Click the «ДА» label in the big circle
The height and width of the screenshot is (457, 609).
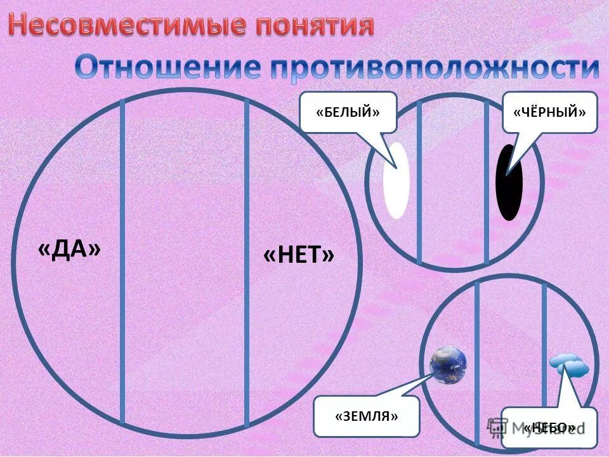pyautogui.click(x=69, y=249)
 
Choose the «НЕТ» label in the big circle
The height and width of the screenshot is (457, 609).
pyautogui.click(x=298, y=256)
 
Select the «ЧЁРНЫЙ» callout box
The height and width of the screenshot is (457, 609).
pyautogui.click(x=549, y=112)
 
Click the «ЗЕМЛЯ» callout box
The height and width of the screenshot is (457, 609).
pyautogui.click(x=367, y=416)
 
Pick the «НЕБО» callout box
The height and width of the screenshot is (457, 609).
pyautogui.click(x=549, y=427)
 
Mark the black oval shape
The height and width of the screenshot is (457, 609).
pyautogui.click(x=509, y=183)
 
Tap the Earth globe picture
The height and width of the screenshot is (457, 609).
pyautogui.click(x=448, y=364)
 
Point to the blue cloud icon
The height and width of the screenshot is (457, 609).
pyautogui.click(x=568, y=366)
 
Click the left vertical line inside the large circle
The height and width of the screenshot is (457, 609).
pyautogui.click(x=122, y=260)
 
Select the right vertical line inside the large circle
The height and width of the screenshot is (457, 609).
pyautogui.click(x=247, y=260)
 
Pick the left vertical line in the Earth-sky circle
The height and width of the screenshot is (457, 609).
pyautogui.click(x=476, y=355)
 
